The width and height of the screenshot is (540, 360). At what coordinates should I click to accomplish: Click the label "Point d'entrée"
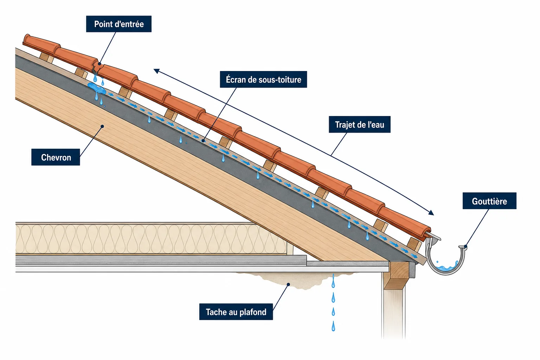click(x=119, y=24)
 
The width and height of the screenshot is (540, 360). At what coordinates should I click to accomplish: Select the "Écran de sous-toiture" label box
click(x=263, y=79)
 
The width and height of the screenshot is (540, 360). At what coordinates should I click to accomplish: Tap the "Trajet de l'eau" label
click(x=360, y=124)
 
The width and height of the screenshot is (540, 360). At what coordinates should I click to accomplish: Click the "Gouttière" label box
click(x=489, y=201)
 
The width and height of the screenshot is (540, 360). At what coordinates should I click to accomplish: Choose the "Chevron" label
click(x=56, y=157)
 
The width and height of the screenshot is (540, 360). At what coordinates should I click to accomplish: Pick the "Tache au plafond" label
click(x=236, y=312)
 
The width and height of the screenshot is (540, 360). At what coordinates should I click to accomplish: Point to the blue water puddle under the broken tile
click(x=96, y=88)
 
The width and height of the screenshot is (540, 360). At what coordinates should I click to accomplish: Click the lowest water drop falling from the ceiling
click(x=333, y=326)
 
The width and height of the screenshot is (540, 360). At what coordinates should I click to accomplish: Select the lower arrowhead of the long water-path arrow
click(x=431, y=212)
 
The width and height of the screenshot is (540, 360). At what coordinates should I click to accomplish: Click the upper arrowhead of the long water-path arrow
click(x=156, y=71)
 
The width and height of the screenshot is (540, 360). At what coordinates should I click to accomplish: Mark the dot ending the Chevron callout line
click(x=102, y=126)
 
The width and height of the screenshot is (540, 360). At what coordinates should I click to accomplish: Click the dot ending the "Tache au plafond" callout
click(x=288, y=284)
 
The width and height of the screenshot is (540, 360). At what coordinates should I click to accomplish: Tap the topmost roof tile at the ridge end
click(x=41, y=43)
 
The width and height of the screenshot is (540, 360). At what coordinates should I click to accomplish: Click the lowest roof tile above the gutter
click(x=404, y=222)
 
